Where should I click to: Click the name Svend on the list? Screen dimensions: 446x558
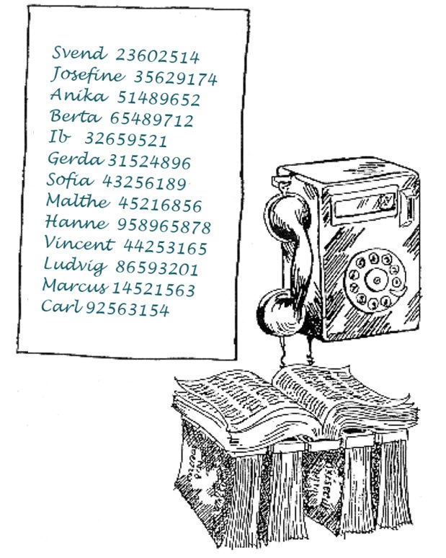[79, 53]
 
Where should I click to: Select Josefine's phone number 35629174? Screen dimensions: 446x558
[175, 78]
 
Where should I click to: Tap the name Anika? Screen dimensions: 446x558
[79, 95]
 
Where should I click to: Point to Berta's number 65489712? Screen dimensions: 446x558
[152, 119]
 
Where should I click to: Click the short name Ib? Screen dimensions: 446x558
[59, 137]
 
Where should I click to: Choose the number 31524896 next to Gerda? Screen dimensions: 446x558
[149, 162]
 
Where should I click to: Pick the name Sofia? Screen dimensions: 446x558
[70, 180]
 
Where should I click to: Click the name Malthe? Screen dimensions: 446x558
[79, 201]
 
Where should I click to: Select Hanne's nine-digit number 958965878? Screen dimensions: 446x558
[164, 226]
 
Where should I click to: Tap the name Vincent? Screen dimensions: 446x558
[79, 243]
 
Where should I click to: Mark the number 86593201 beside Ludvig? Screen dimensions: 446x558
[157, 268]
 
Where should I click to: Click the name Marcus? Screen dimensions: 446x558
[75, 285]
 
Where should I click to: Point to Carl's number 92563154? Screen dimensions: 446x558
[127, 309]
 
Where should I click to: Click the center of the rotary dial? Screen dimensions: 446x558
[375, 280]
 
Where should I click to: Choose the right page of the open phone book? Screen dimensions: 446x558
[342, 395]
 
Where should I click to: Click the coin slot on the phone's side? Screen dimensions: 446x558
[409, 209]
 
